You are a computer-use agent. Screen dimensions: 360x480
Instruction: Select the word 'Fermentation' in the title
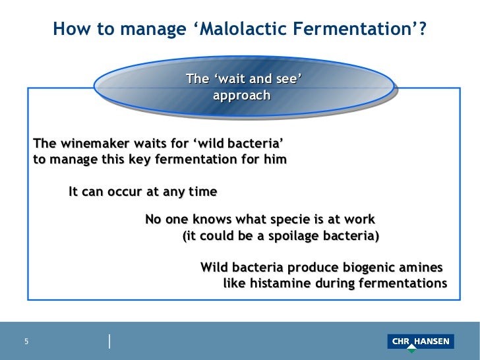(350, 30)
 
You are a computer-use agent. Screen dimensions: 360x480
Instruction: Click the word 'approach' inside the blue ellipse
(241, 96)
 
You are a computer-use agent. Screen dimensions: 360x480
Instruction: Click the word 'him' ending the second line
(274, 160)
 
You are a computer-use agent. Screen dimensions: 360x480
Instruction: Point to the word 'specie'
(309, 220)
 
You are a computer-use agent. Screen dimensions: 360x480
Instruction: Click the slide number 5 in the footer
(27, 342)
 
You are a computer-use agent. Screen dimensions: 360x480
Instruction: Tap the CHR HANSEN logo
(420, 342)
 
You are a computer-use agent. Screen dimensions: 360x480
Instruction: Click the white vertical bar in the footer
(109, 341)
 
